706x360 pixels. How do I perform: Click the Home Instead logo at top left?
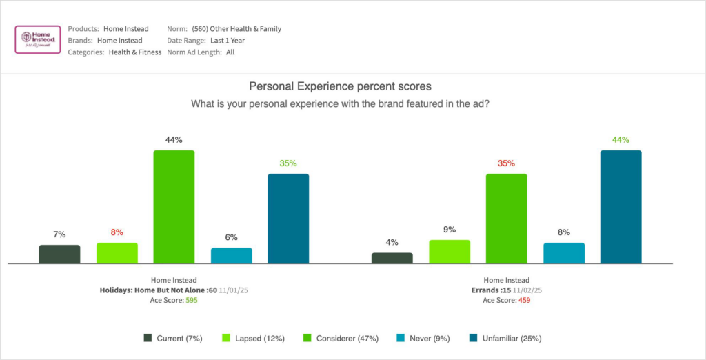click(x=37, y=40)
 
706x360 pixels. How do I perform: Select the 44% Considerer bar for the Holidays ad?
click(x=174, y=206)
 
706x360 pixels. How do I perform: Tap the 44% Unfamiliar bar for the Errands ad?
click(x=621, y=206)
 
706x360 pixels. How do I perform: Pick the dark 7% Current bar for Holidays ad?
click(x=59, y=254)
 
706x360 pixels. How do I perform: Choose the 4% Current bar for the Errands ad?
click(x=392, y=258)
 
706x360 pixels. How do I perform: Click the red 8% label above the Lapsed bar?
click(x=117, y=232)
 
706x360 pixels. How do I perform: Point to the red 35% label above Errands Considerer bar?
click(x=507, y=163)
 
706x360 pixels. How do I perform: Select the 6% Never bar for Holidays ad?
click(x=231, y=255)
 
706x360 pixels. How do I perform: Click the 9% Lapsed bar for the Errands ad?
click(x=450, y=251)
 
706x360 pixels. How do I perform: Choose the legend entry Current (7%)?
click(x=174, y=338)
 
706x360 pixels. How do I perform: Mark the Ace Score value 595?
click(x=190, y=301)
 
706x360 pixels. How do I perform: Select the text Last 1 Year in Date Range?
click(x=227, y=41)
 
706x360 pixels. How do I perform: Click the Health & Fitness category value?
click(x=134, y=52)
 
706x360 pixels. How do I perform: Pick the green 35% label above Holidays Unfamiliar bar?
click(x=288, y=163)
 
